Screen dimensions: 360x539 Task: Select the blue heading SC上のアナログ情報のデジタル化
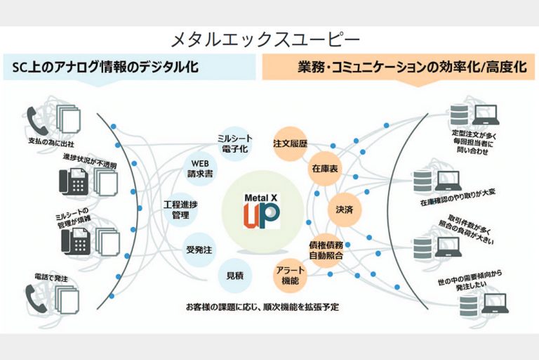[105, 68]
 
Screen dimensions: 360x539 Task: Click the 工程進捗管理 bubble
[182, 209]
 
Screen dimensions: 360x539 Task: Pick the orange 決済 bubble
[343, 209]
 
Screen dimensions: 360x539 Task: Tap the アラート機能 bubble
[288, 275]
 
